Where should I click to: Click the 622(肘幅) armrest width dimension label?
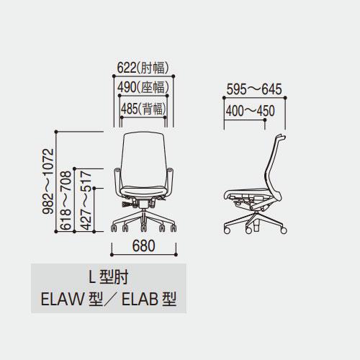[x=143, y=68]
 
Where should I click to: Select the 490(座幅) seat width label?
[x=143, y=87]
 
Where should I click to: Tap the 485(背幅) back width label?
[x=143, y=109]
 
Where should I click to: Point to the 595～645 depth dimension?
[x=254, y=89]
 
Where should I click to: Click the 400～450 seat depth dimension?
[x=250, y=111]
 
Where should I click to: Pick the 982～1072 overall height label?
[x=48, y=181]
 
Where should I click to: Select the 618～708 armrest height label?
[x=66, y=200]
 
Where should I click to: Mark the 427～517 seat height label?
[x=86, y=200]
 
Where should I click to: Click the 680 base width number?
[x=143, y=246]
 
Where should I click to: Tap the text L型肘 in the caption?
[x=109, y=277]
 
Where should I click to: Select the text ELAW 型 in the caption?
[x=72, y=299]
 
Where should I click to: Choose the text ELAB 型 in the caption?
[x=149, y=299]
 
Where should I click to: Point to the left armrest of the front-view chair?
[x=117, y=181]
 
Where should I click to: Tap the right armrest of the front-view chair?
[x=171, y=181]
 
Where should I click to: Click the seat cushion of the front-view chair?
[x=144, y=192]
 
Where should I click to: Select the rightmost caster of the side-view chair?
[x=284, y=230]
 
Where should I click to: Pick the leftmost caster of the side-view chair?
[x=227, y=230]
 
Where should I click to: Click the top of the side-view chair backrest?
[x=281, y=137]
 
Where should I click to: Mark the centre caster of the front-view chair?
[x=144, y=228]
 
